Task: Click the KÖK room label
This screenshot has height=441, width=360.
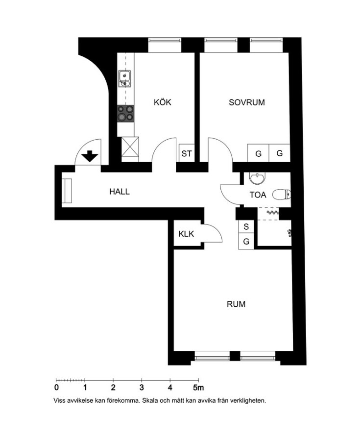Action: [x=163, y=102]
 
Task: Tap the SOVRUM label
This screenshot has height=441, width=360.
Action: [x=247, y=102]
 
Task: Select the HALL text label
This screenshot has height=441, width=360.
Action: [x=120, y=192]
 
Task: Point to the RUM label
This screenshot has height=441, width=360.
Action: [x=236, y=304]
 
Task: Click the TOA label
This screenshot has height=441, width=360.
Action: [x=258, y=195]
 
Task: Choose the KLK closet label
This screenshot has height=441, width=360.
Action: [x=186, y=234]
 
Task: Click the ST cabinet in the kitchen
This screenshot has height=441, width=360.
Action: [x=187, y=153]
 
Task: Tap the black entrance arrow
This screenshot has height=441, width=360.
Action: [x=90, y=156]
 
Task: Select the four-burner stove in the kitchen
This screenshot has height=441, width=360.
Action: [x=125, y=114]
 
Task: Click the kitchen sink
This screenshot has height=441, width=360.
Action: [x=125, y=79]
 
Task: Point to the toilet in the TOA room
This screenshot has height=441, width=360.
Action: [x=282, y=195]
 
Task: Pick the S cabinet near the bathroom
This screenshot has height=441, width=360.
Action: [x=246, y=227]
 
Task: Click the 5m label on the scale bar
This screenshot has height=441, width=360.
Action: [x=198, y=388]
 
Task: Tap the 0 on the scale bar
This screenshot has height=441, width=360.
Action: [x=56, y=388]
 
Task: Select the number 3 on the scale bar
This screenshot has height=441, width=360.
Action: [x=142, y=388]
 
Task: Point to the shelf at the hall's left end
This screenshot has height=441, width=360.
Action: [x=67, y=191]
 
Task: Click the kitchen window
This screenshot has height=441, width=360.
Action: [x=165, y=45]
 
